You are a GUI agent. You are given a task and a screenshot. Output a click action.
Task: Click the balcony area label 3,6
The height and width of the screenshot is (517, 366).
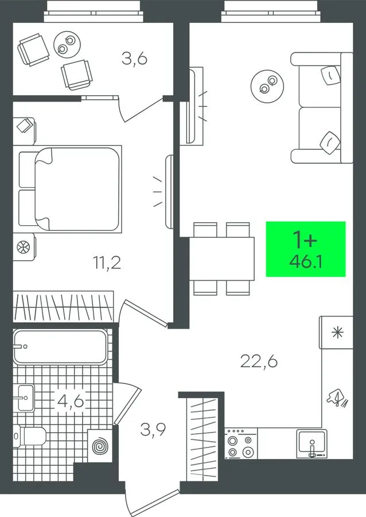pos(134,59)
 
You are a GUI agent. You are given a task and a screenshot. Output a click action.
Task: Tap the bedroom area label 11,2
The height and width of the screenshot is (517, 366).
pos(107,263)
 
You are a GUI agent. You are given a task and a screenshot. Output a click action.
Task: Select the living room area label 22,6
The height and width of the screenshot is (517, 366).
pos(259,362)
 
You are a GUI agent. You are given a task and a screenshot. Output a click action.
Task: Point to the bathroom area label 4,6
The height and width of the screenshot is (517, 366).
pos(70,401)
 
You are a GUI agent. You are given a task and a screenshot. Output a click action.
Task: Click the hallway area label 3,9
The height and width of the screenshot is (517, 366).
pos(153,429)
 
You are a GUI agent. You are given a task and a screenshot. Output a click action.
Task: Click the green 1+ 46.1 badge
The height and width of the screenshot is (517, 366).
pos(306,249)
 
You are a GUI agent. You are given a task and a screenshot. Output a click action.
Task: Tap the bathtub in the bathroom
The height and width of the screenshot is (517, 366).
pos(60,346)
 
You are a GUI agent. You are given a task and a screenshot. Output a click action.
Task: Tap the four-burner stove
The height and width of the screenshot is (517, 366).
pos(241,443)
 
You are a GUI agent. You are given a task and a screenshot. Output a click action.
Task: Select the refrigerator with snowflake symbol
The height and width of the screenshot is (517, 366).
pos(336,333)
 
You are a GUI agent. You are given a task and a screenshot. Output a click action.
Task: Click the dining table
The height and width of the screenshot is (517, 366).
pos(221,258)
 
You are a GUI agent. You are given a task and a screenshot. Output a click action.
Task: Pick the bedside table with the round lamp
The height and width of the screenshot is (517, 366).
pos(24,247)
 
